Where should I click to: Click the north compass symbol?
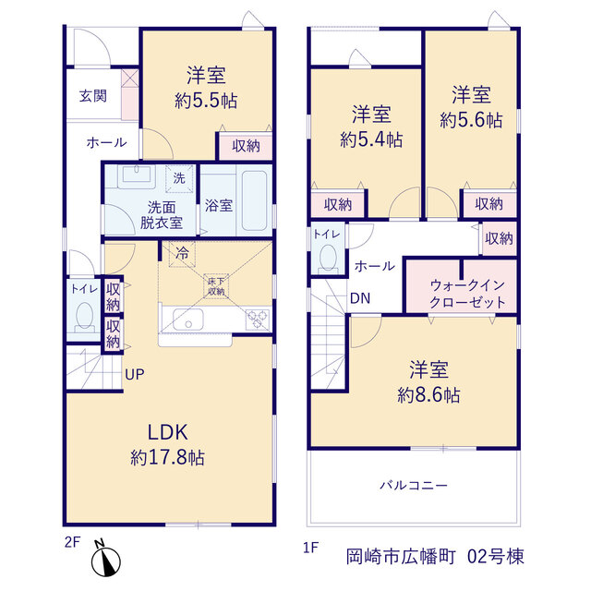[x=105, y=560]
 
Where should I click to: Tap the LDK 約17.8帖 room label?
[x=168, y=445]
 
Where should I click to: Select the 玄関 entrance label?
[x=93, y=96]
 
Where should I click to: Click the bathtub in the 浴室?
[x=255, y=200]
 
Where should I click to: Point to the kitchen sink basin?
[x=188, y=320]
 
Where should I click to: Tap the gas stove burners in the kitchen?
[x=258, y=320]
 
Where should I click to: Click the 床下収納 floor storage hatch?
[x=216, y=286]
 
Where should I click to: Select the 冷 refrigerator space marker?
[x=182, y=254]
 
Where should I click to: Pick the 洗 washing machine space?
[x=179, y=178]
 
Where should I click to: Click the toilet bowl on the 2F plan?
[x=84, y=316]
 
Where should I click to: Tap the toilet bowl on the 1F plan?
[x=328, y=259]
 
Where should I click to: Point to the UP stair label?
[x=135, y=374]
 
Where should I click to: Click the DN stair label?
[x=360, y=298]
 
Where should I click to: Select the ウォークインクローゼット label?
[x=467, y=294]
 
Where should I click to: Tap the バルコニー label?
[x=414, y=485]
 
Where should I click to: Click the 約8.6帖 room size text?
[x=428, y=395]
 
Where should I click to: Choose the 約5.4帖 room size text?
[x=371, y=139]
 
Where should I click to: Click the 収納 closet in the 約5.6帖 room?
[x=489, y=204]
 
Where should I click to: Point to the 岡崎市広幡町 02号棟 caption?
[x=435, y=557]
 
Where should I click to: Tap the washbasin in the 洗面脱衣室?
[x=137, y=176]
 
